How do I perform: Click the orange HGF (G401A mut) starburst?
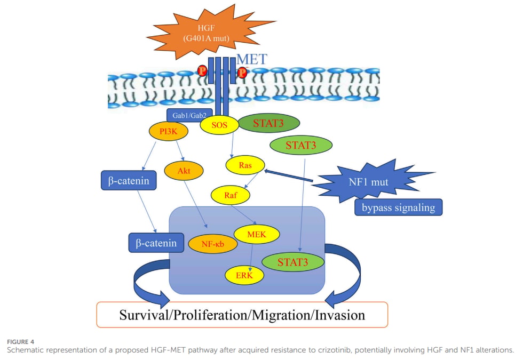point(207,33)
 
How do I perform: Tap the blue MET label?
point(252,59)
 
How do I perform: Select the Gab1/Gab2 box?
point(189,115)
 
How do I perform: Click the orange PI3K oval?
point(169,131)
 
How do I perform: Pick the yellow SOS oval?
point(219,125)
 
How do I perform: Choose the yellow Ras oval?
point(245,165)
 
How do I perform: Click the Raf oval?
point(231,195)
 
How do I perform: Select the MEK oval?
point(257,234)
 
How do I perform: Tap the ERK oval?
point(244,275)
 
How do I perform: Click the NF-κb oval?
point(213,244)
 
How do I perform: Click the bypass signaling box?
point(398,207)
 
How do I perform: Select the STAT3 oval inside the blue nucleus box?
point(293,262)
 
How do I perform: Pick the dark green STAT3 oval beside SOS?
point(268,123)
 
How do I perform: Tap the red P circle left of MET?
point(202,70)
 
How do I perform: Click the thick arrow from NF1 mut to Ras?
point(289,176)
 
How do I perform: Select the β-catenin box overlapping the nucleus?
point(156,243)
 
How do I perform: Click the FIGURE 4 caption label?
point(20,342)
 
